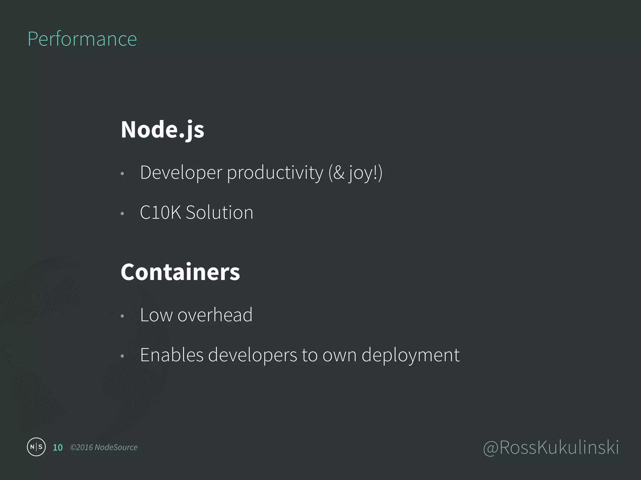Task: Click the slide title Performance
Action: coord(82,39)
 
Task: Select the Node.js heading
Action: coord(162,129)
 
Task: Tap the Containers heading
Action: coord(180,272)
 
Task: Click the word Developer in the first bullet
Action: coord(181,173)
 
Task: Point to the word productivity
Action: coord(275,173)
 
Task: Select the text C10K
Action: coord(160,212)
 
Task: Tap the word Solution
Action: coord(219,212)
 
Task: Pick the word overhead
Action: coord(215,315)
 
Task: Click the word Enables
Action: coord(172,355)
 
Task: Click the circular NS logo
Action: coord(36,447)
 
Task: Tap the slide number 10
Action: coord(58,447)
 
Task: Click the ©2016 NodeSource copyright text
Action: coord(104,447)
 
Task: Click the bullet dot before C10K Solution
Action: coord(122,214)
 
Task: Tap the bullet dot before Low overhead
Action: coord(122,316)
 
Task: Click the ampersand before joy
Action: coord(339,173)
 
